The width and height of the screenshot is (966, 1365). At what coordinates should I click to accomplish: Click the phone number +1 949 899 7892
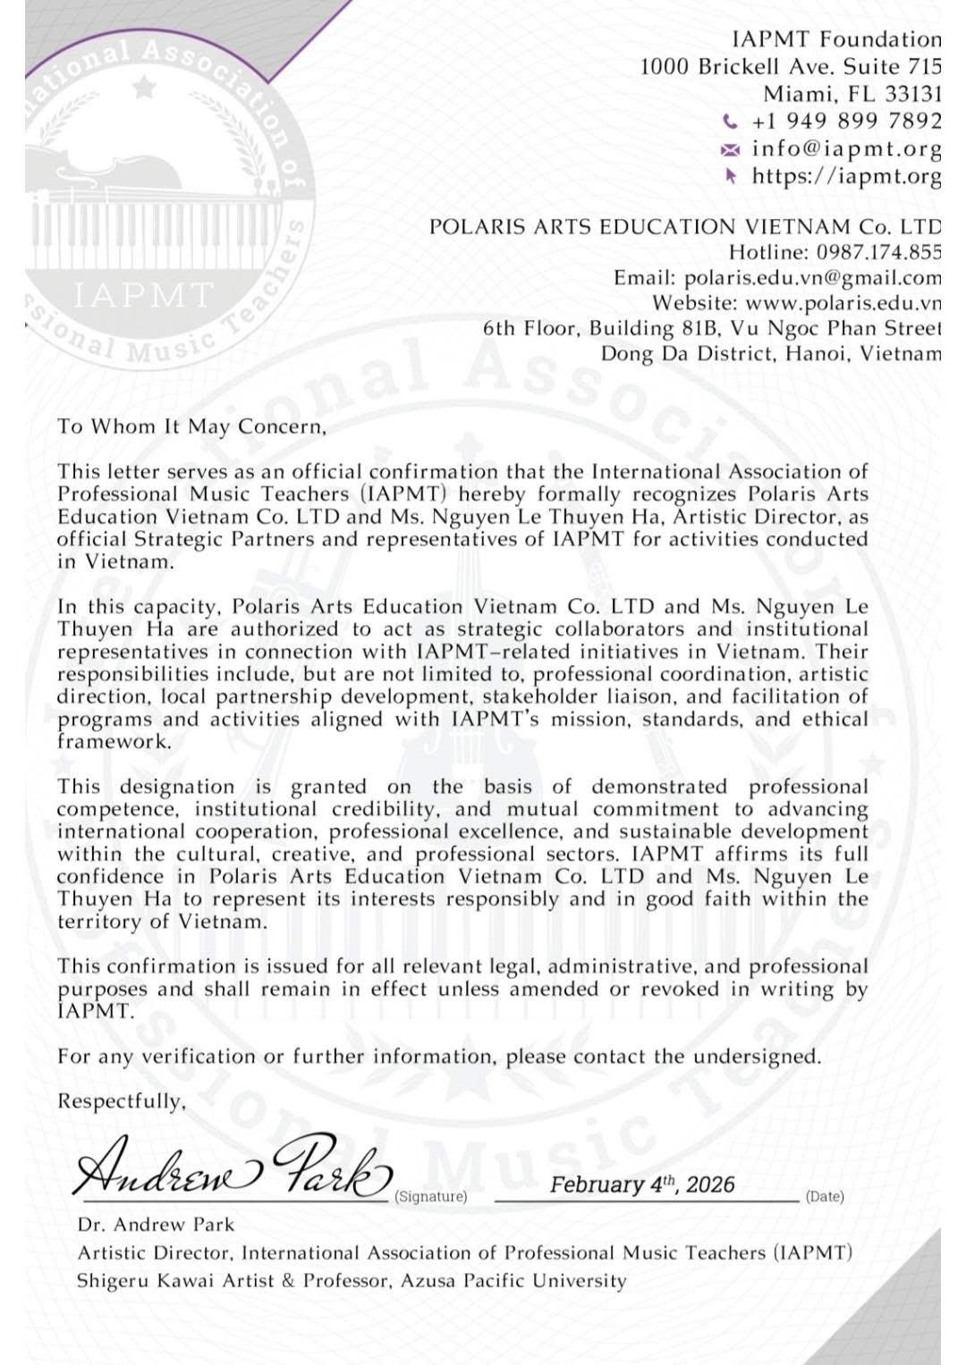point(846,121)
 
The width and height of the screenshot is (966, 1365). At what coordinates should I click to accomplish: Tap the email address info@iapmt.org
point(846,148)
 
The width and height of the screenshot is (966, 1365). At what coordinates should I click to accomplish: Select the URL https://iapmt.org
point(846,176)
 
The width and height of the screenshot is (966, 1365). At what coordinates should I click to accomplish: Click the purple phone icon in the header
point(731,122)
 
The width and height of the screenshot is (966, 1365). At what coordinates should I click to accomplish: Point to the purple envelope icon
point(731,149)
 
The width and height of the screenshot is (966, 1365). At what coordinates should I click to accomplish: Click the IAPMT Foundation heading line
point(836,39)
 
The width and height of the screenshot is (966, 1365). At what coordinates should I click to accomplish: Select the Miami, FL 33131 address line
point(852,94)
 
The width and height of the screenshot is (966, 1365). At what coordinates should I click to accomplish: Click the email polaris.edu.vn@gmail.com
point(812,278)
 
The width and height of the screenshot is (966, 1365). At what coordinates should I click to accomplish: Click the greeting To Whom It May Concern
point(191,426)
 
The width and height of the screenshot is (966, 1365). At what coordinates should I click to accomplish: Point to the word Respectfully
point(121,1101)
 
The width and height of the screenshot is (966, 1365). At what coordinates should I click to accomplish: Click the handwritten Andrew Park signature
point(233,1167)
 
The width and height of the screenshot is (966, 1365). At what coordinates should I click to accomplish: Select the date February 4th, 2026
point(642,1184)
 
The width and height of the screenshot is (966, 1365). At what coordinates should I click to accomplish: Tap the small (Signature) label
point(431,1196)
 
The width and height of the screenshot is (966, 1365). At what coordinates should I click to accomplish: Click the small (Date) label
point(825,1196)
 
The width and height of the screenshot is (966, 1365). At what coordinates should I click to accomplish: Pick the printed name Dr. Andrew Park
point(156,1225)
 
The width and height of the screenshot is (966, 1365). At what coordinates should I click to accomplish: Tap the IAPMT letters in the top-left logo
point(143,294)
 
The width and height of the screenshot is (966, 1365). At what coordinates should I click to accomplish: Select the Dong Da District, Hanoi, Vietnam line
point(771,353)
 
